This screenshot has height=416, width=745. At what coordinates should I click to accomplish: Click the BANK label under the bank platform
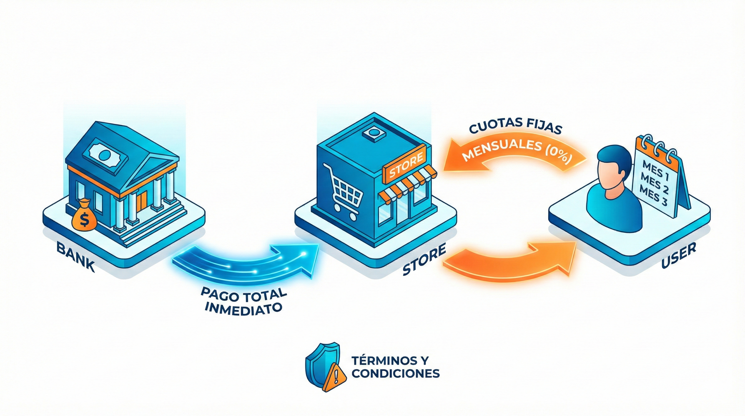pyautogui.click(x=76, y=257)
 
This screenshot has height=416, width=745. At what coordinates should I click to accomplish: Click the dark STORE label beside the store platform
pyautogui.click(x=424, y=260)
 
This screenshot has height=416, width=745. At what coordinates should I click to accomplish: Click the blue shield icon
pyautogui.click(x=319, y=365)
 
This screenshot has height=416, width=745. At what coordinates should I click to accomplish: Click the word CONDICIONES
pyautogui.click(x=396, y=373)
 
